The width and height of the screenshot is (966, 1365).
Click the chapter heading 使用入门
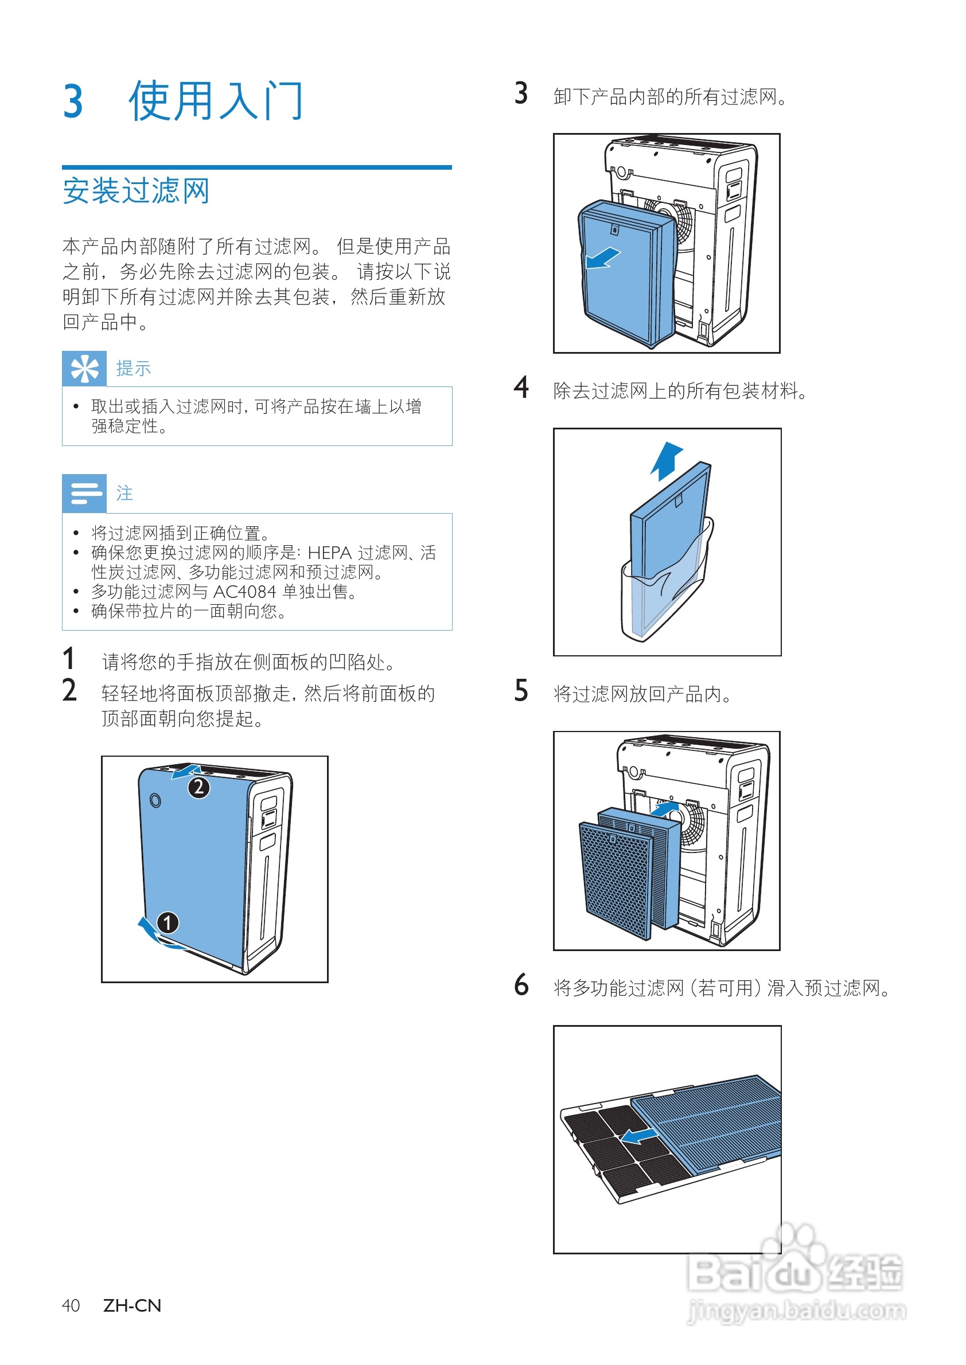[x=215, y=101]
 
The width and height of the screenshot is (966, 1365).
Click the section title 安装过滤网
[x=135, y=191]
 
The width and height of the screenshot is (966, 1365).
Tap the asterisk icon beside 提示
[x=84, y=369]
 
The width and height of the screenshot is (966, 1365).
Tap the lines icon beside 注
[x=84, y=493]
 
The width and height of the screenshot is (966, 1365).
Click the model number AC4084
[x=244, y=592]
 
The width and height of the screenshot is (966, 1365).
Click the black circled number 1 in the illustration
[x=168, y=922]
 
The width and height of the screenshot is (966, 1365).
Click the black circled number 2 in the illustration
[x=198, y=787]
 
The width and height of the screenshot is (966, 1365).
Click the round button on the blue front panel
[x=155, y=800]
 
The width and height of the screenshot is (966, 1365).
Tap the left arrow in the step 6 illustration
[x=640, y=1136]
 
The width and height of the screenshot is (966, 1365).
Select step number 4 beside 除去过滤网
[x=521, y=388]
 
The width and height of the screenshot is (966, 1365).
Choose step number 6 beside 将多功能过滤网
[x=521, y=985]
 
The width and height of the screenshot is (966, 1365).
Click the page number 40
[x=71, y=1305]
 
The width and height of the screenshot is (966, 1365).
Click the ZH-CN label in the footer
[x=132, y=1305]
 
